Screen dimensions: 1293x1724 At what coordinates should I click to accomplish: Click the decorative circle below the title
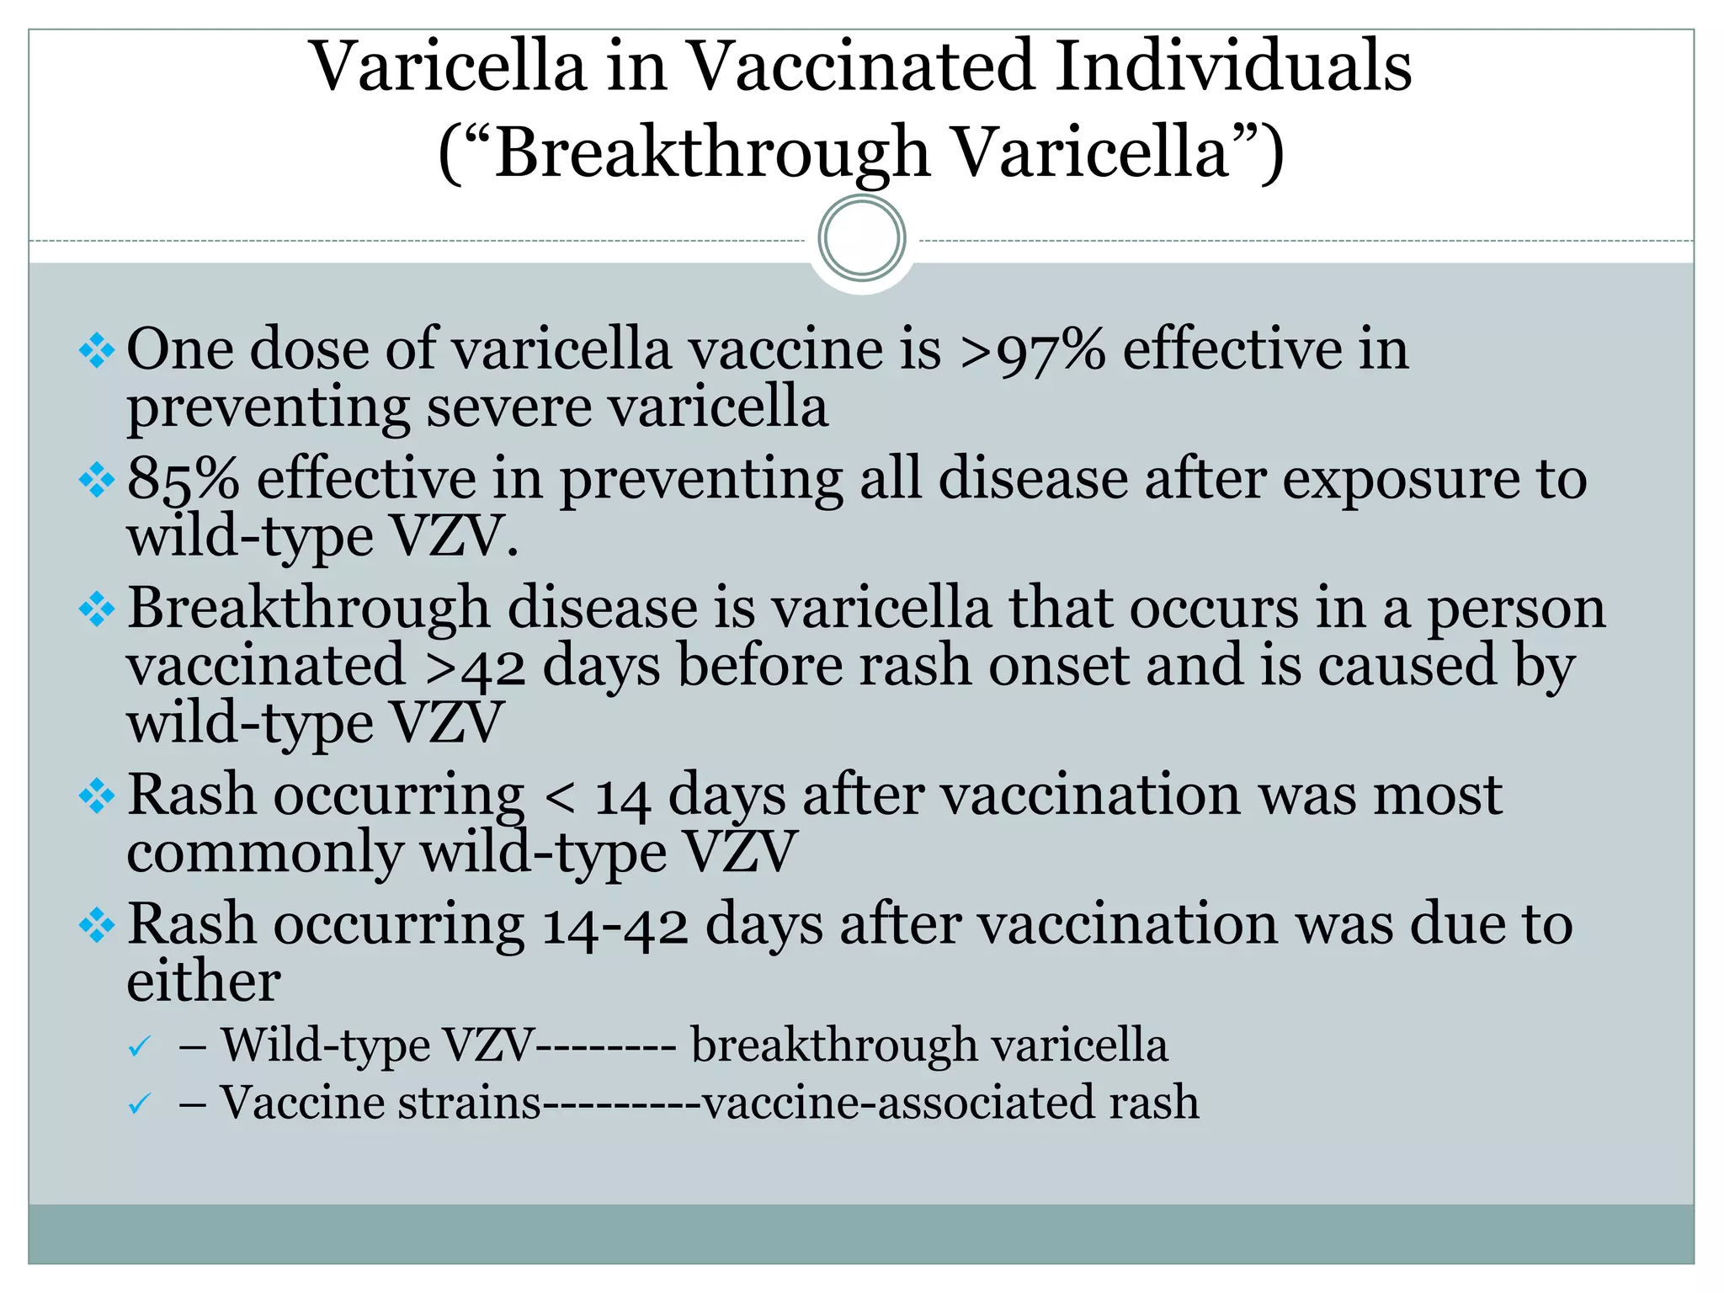pyautogui.click(x=861, y=238)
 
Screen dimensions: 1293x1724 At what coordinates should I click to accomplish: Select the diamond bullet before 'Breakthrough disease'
pyautogui.click(x=96, y=609)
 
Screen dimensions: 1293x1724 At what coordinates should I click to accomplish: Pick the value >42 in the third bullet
pyautogui.click(x=475, y=668)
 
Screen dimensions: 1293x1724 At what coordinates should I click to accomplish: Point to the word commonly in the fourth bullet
pyautogui.click(x=265, y=854)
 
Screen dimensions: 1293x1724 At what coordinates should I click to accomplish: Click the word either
pyautogui.click(x=203, y=982)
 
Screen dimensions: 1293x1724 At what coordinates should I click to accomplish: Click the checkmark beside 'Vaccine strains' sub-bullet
pyautogui.click(x=139, y=1104)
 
